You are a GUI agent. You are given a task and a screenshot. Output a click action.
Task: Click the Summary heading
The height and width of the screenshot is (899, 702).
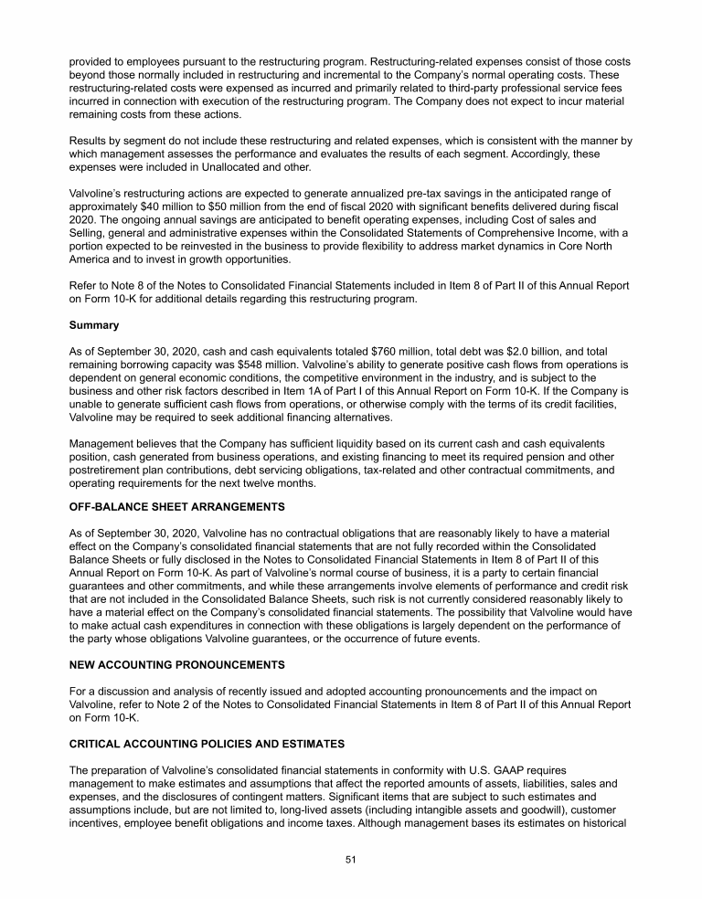coord(94,324)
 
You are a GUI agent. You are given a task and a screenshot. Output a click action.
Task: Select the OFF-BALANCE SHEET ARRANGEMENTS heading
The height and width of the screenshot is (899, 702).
coord(177,506)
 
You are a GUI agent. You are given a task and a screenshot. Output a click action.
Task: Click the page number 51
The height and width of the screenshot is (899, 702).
coord(350,860)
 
